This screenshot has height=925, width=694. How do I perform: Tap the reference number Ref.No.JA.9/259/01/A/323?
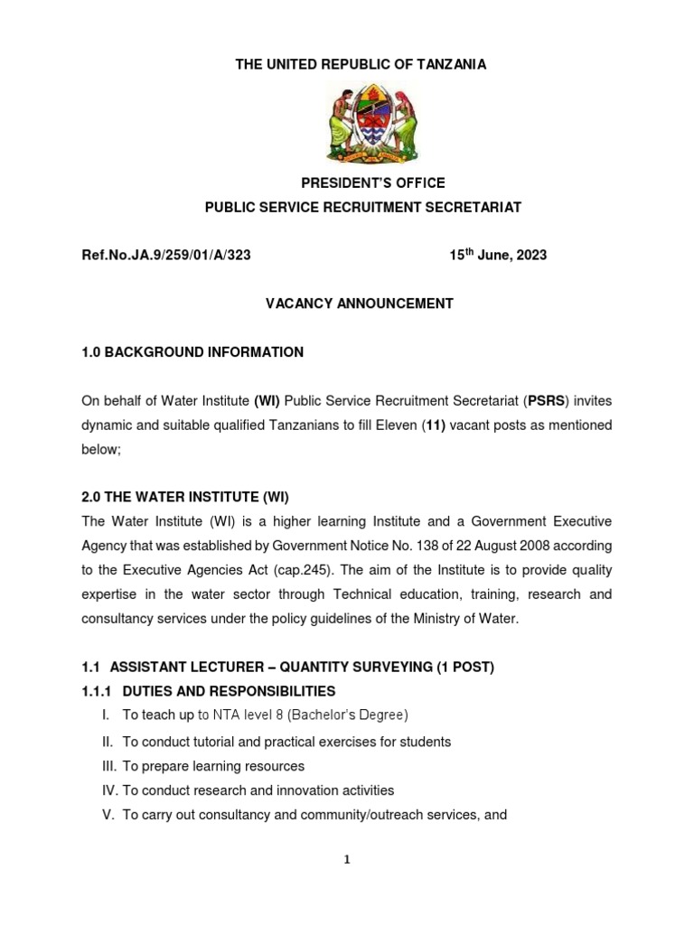(166, 256)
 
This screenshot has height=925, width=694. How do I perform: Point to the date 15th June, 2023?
(498, 256)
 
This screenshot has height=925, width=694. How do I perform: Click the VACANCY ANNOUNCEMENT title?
(359, 304)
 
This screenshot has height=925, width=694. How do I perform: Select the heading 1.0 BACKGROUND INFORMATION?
(192, 351)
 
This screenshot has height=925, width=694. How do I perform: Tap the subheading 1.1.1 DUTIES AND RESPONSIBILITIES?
(209, 691)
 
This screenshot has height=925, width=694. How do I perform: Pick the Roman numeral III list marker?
(108, 766)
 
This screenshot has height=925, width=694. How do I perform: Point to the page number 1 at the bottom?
(346, 860)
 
